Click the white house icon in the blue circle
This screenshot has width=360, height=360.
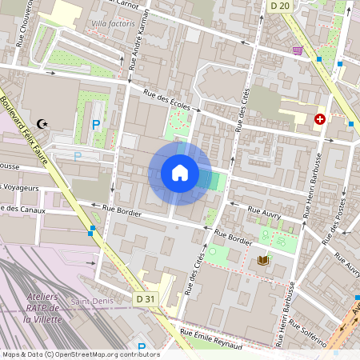tap(180, 173)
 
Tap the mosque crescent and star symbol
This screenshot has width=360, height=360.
tap(43, 124)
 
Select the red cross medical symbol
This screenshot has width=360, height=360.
tap(320, 118)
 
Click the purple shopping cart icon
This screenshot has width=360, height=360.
tap(298, 50)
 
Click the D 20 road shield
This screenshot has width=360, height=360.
tap(279, 6)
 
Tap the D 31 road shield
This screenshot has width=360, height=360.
tap(145, 298)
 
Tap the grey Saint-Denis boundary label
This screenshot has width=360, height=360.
tap(90, 302)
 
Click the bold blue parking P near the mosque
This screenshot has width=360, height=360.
tap(96, 124)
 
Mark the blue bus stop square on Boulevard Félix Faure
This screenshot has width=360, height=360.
tap(93, 229)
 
